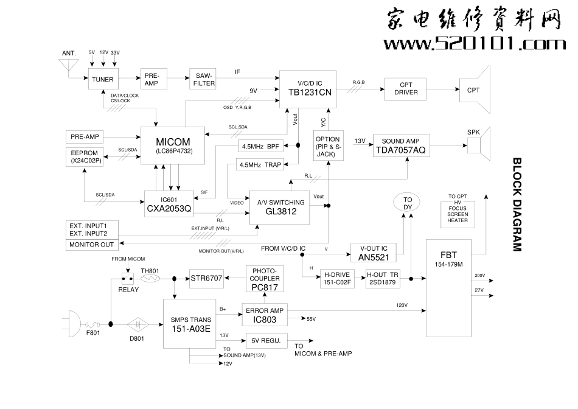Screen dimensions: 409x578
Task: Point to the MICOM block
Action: point(173,145)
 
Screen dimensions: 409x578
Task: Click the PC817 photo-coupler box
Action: point(264,278)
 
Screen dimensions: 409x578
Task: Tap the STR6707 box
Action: point(207,278)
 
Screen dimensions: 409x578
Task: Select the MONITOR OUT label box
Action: point(92,245)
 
